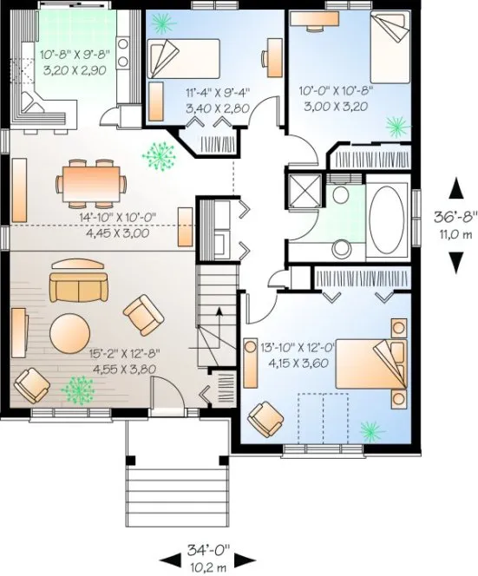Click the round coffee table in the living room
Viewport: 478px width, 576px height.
pyautogui.click(x=69, y=332)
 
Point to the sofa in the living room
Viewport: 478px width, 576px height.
pyautogui.click(x=75, y=285)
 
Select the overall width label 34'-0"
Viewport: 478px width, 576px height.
pyautogui.click(x=208, y=549)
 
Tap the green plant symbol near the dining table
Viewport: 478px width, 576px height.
pyautogui.click(x=158, y=156)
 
